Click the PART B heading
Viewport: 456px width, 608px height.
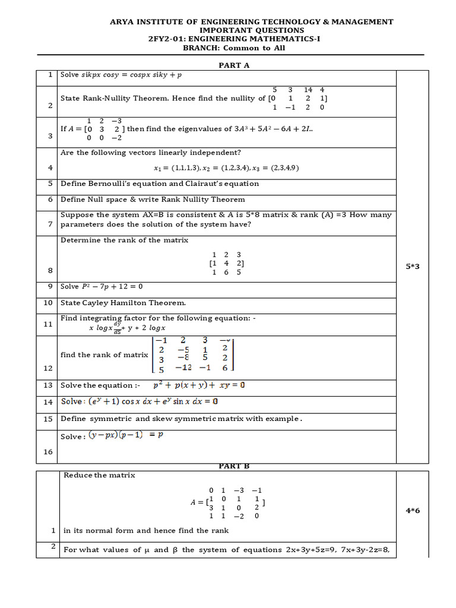(230, 466)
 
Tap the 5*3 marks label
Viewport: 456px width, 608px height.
(413, 267)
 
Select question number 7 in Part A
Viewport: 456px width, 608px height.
(50, 224)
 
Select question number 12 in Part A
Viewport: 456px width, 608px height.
(48, 369)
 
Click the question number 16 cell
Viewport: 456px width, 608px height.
(48, 452)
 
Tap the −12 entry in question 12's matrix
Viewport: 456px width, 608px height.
(183, 368)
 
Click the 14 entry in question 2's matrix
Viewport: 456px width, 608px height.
(308, 90)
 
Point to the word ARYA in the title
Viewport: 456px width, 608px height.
(123, 21)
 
